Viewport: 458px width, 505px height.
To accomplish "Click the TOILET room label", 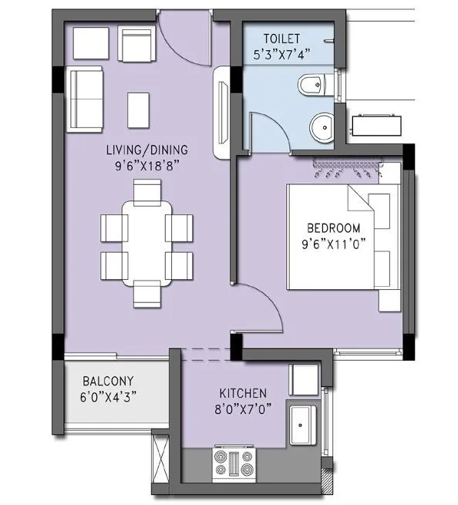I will [x=281, y=37].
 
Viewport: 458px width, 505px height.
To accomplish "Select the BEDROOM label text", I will [x=333, y=228].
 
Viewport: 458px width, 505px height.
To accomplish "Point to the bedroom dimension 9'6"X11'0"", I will [x=334, y=243].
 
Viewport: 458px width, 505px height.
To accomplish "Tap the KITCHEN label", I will [x=243, y=393].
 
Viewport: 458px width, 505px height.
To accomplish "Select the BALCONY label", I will [x=109, y=381].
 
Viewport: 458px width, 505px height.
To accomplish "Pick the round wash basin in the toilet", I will [x=321, y=124].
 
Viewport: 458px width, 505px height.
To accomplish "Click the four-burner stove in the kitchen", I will [x=234, y=464].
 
